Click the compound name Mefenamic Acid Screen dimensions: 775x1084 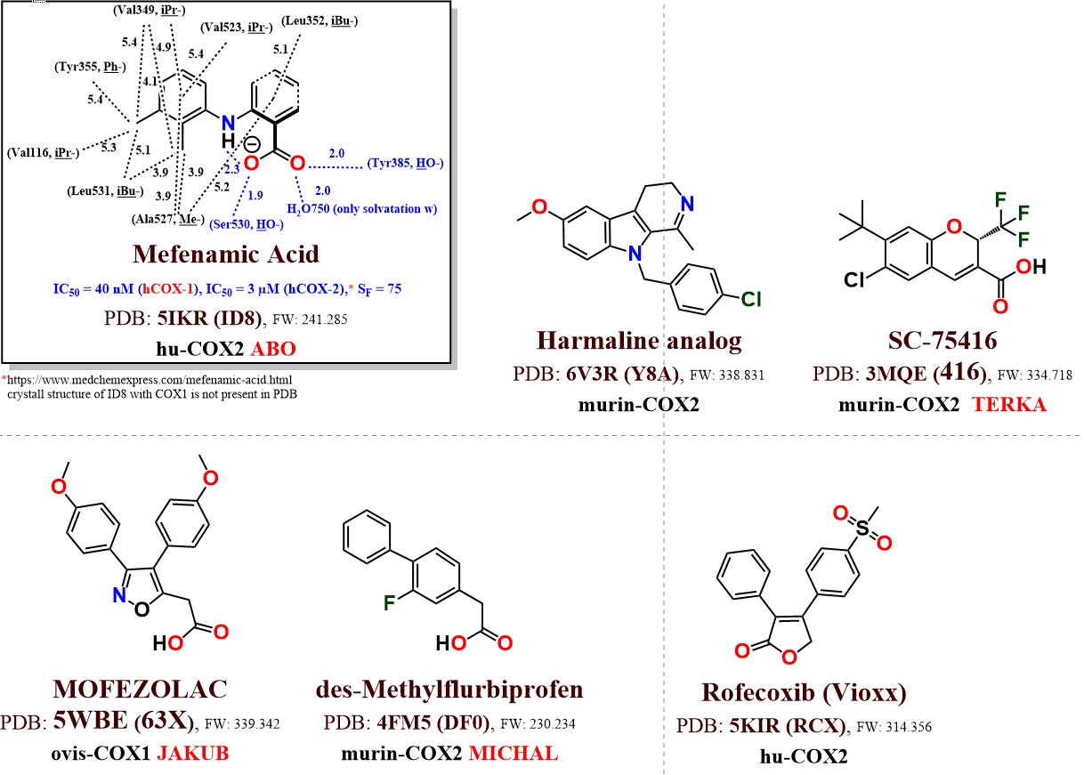[x=225, y=254]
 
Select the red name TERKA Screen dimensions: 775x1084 [x=1014, y=404]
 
